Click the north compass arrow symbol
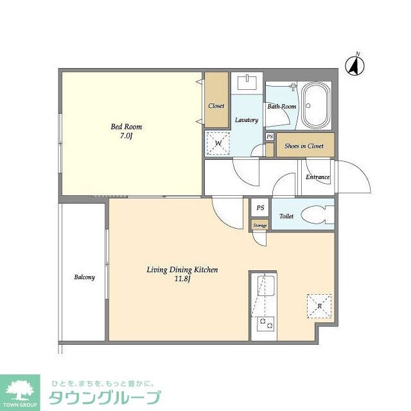[354, 64]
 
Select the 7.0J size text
[126, 136]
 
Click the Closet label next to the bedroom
[216, 106]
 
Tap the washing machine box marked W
[217, 143]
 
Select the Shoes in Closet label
[304, 146]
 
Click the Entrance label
[317, 177]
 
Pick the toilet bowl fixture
[318, 215]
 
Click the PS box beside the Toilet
[260, 208]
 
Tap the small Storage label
[259, 225]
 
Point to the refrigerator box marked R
[319, 306]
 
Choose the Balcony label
[84, 277]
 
